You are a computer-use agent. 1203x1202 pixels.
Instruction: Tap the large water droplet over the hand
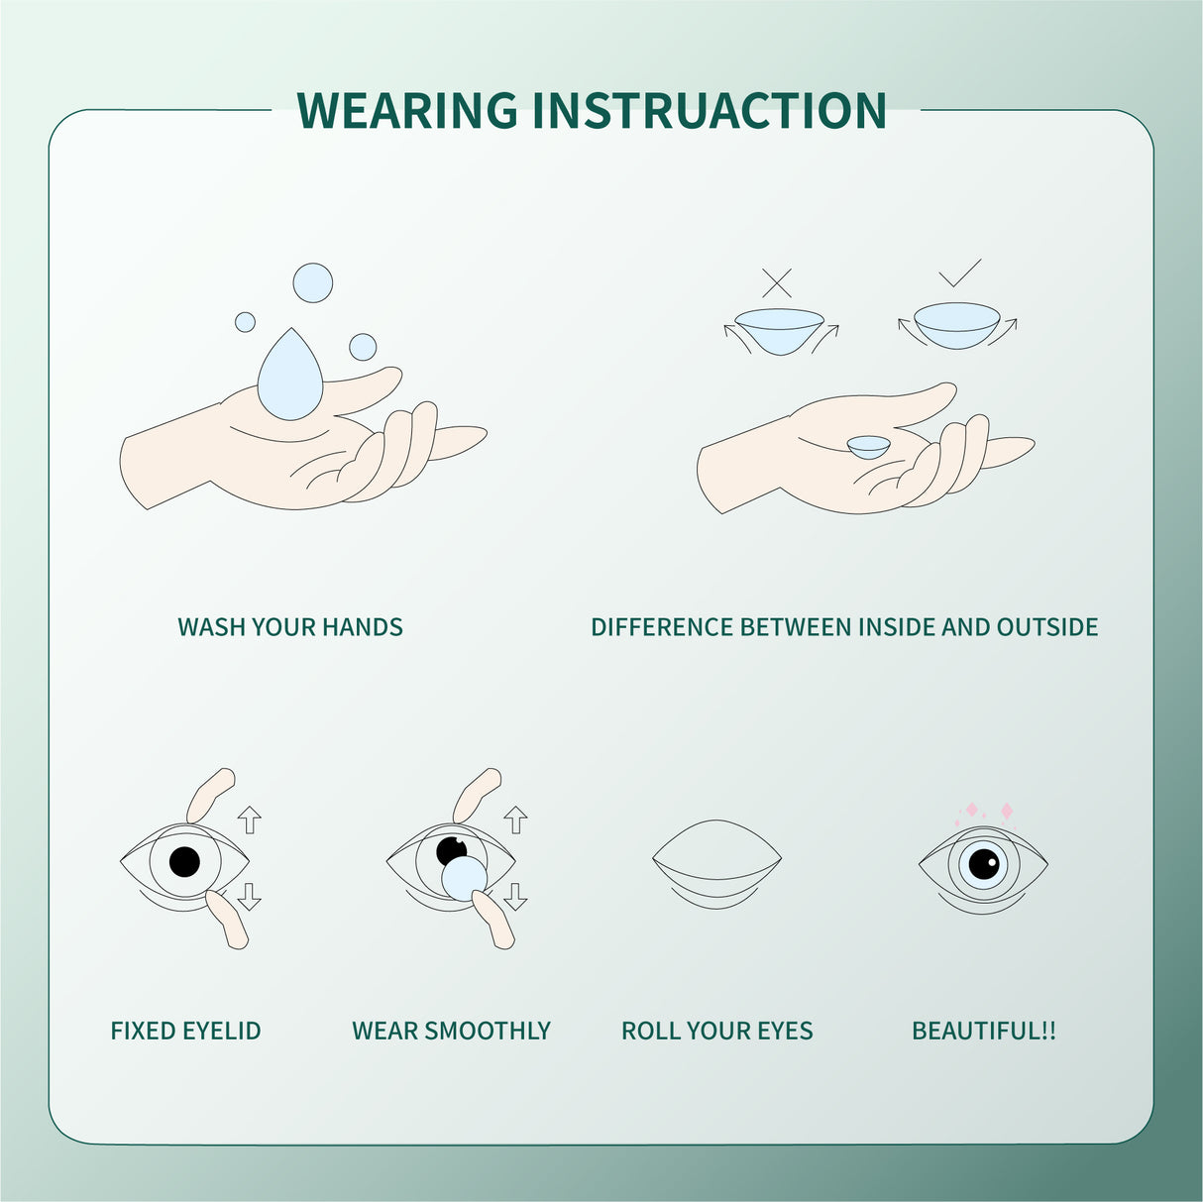point(289,377)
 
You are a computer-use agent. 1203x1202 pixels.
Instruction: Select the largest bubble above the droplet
point(313,283)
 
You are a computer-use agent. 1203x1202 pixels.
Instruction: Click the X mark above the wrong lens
point(777,282)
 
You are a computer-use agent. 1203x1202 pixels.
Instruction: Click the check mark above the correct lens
point(959,273)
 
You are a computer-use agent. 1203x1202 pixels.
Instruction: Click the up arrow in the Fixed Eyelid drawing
point(250,819)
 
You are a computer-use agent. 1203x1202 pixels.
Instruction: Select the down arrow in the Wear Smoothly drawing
point(515,896)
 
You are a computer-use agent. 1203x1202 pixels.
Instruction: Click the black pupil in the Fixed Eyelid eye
point(184,861)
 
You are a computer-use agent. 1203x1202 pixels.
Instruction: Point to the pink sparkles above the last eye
point(987,813)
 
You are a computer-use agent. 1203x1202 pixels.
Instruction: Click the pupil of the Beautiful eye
point(983,864)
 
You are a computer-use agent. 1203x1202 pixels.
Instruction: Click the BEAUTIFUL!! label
point(983,1031)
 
